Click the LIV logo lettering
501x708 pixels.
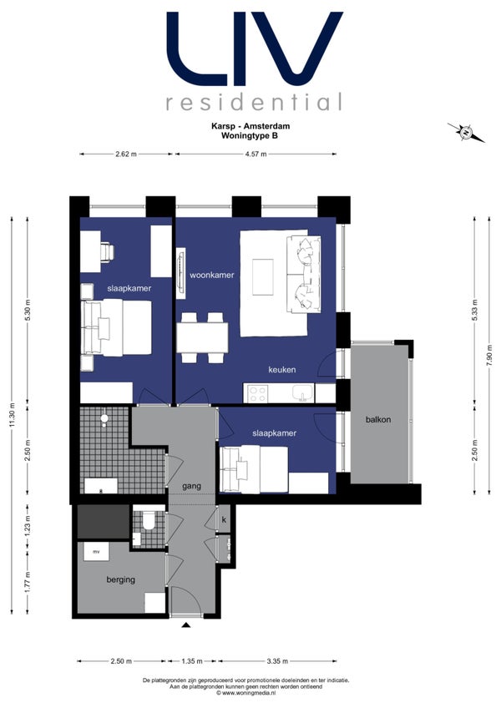point(255,48)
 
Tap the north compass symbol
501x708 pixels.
point(466,132)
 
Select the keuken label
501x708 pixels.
point(282,369)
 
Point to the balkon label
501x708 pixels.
point(378,419)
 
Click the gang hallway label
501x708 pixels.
point(191,486)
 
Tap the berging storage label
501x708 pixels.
point(120,579)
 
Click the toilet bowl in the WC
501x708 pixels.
point(148,520)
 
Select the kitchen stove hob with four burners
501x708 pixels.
point(257,393)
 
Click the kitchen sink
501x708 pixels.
point(302,394)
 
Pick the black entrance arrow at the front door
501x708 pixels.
point(185,625)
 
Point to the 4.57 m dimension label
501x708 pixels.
point(256,154)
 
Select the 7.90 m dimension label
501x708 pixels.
point(489,357)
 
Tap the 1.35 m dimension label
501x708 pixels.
point(192,661)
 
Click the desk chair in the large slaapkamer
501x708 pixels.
point(108,251)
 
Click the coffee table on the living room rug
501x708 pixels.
point(262,277)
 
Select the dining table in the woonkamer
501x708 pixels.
point(202,337)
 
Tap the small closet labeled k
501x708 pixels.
point(224,519)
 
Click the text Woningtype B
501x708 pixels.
point(250,135)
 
